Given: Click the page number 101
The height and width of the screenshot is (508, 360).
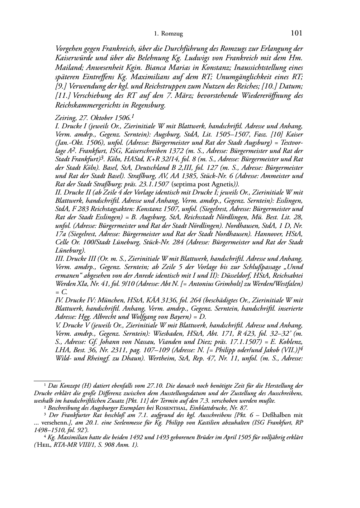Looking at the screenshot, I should pyautogui.click(x=297, y=33).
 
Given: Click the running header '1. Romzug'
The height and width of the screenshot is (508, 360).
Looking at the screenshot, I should pyautogui.click(x=168, y=34).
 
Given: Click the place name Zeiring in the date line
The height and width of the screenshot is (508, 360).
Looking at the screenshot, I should pyautogui.click(x=64, y=118).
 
